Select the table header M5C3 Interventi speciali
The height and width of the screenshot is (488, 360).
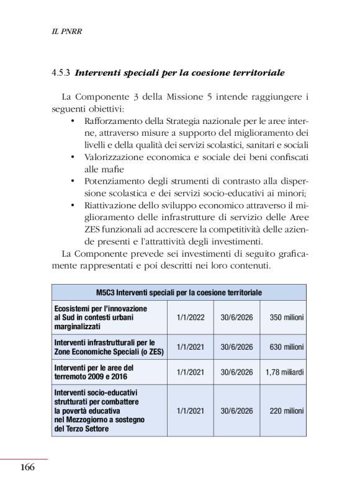tap(179, 292)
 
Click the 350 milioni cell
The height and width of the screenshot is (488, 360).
tap(286, 317)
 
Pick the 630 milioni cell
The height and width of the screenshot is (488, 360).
tap(286, 347)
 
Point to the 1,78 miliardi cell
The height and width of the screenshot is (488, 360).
tap(284, 372)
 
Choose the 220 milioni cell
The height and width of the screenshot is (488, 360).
tap(286, 410)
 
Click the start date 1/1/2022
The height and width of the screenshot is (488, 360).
tap(190, 317)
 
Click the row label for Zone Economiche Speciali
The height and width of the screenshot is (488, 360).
tap(104, 347)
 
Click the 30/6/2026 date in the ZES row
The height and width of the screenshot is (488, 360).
tap(236, 347)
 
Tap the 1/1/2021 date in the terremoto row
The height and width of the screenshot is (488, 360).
tap(190, 372)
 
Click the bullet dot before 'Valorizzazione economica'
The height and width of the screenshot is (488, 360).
tap(74, 157)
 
